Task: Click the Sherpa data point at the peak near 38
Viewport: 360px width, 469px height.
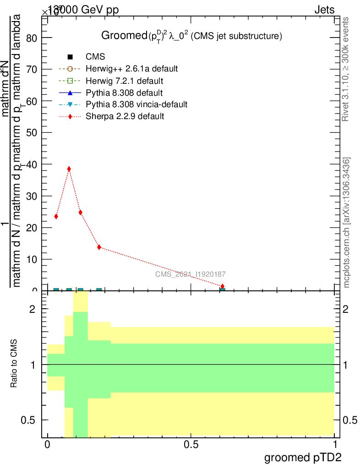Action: click(69, 169)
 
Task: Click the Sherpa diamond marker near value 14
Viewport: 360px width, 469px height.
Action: click(99, 247)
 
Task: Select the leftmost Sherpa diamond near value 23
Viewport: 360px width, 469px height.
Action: click(56, 216)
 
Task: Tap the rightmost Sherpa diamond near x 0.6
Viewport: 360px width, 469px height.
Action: click(223, 286)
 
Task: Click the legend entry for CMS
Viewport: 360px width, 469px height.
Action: click(95, 57)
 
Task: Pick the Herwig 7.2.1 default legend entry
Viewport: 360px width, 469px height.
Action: click(124, 81)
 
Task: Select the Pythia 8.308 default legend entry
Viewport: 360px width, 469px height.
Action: click(124, 93)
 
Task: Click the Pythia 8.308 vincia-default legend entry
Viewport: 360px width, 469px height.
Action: click(136, 104)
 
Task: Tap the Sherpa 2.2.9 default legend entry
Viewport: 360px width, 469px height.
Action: click(125, 116)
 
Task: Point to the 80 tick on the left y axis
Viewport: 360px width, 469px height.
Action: click(32, 38)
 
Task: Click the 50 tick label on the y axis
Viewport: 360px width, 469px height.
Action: click(32, 132)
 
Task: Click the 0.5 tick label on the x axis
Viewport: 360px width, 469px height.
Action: click(191, 444)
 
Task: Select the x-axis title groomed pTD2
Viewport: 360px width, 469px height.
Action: click(303, 457)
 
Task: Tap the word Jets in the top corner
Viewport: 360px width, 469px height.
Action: click(324, 10)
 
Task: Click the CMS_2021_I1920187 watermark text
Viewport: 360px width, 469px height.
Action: click(190, 274)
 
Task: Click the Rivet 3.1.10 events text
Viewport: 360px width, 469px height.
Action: click(347, 69)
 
